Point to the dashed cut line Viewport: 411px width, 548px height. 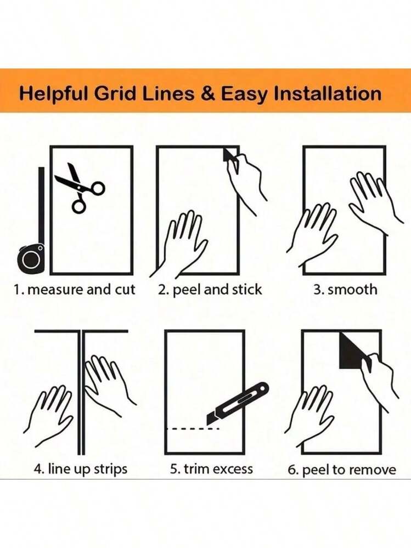coord(193,428)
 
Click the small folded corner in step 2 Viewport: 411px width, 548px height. coord(229,155)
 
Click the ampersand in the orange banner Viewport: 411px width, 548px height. coord(209,94)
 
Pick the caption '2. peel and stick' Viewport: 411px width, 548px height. coord(210,290)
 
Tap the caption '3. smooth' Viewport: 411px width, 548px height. coord(345,290)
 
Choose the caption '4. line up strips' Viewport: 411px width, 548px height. coord(80,468)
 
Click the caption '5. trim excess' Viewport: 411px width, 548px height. coord(211,468)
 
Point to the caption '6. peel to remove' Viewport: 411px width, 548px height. coord(342,470)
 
